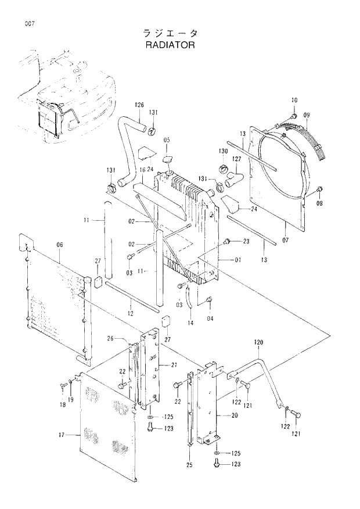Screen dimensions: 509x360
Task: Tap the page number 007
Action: [x=30, y=24]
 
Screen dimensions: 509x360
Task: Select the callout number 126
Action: [x=139, y=105]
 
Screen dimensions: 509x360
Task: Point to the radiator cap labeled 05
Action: [x=168, y=159]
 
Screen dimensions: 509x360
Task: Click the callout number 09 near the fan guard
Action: [x=307, y=115]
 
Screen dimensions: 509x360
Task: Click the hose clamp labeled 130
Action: [x=222, y=169]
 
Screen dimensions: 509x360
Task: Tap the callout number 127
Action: [x=237, y=158]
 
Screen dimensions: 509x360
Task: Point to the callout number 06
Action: [x=59, y=245]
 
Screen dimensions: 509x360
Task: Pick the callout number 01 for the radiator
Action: [x=237, y=260]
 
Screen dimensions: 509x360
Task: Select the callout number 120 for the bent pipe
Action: [x=258, y=343]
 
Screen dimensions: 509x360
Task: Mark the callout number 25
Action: [x=190, y=464]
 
